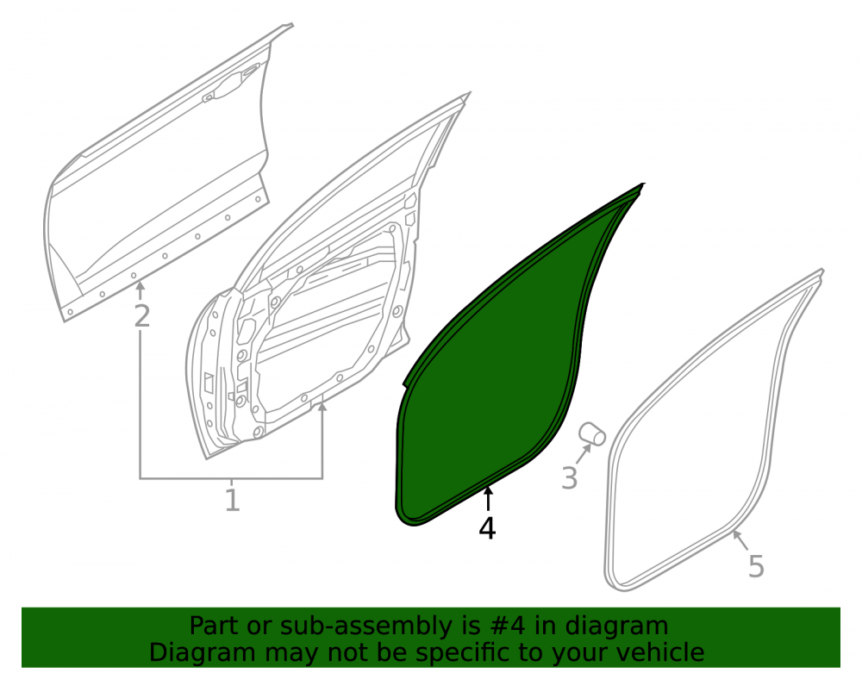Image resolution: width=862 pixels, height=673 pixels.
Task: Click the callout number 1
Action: coord(233,501)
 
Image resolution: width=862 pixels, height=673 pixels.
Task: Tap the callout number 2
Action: coord(142,316)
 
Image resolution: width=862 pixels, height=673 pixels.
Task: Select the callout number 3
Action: coord(570,477)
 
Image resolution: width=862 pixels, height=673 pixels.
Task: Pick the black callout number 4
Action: coord(487,528)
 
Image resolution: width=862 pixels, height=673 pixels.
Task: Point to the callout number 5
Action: coord(757,566)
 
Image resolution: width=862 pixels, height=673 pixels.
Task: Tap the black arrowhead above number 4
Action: coord(487,492)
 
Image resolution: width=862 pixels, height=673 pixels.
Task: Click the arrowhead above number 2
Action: coord(141,285)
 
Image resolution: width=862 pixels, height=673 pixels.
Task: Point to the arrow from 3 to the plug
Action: coord(584,453)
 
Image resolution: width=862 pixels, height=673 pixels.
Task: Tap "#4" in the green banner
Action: coord(495,626)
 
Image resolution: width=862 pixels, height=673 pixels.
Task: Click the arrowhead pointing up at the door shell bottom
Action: coord(322,407)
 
